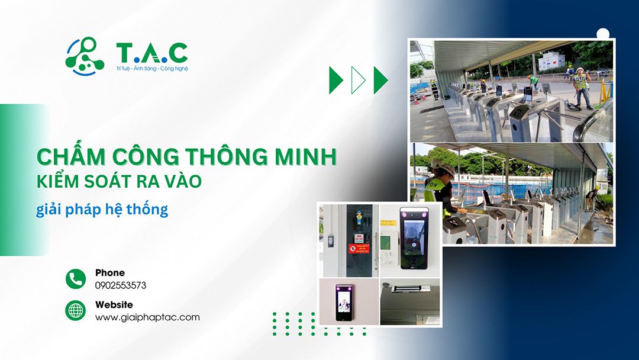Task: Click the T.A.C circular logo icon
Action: pyautogui.click(x=85, y=56)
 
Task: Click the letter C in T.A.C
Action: pyautogui.click(x=177, y=53)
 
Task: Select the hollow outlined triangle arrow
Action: pyautogui.click(x=358, y=81)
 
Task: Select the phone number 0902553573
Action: pyautogui.click(x=121, y=285)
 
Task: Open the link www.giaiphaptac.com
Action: pyautogui.click(x=147, y=317)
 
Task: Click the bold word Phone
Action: pyautogui.click(x=110, y=273)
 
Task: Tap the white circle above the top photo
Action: pyautogui.click(x=603, y=34)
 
